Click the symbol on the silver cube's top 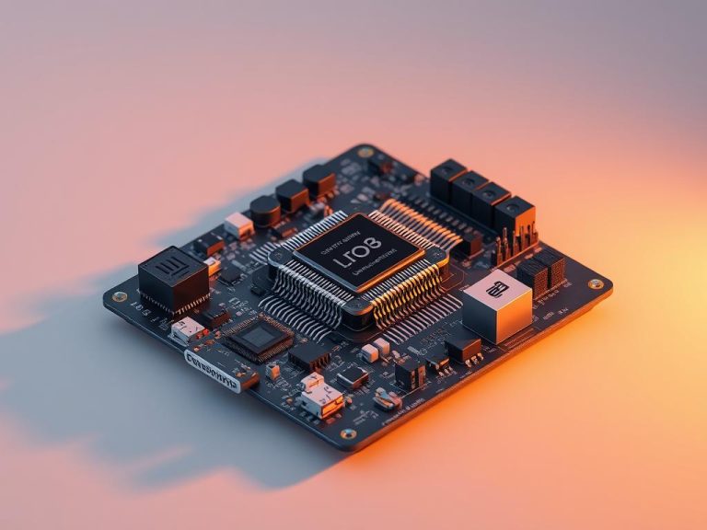point(498,289)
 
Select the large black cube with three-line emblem point(174,279)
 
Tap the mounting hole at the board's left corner point(119,296)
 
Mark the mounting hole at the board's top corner point(365,151)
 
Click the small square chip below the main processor point(259,339)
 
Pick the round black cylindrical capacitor point(266,211)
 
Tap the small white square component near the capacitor point(238,225)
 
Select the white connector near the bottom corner point(321,397)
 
